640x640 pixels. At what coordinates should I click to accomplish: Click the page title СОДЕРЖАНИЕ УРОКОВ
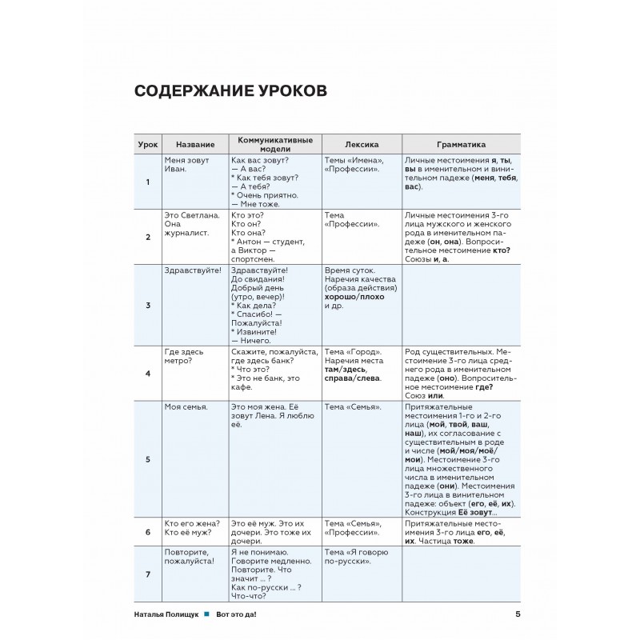point(230,91)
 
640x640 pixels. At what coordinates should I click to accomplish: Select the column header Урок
point(147,145)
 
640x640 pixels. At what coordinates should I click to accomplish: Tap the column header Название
point(195,145)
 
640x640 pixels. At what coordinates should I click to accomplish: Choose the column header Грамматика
point(461,145)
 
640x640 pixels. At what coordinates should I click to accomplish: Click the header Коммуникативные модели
point(274,145)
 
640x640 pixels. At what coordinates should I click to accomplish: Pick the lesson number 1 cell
point(147,182)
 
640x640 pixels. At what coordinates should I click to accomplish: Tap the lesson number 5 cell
point(147,459)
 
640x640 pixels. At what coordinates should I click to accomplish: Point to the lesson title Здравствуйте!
point(193,271)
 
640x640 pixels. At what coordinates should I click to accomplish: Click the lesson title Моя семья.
point(186,407)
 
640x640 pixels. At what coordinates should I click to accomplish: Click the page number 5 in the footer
point(518,614)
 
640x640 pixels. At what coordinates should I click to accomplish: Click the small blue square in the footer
point(206,614)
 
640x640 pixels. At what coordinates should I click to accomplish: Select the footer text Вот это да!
point(239,614)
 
